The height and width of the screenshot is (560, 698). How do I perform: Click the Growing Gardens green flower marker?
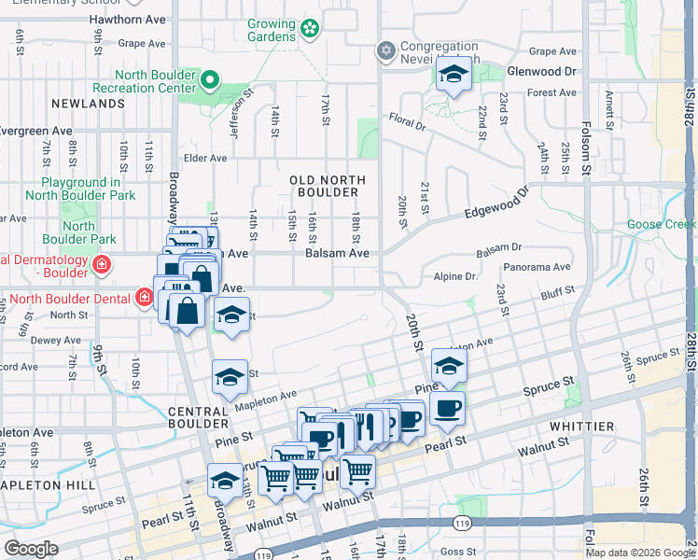[x=310, y=31]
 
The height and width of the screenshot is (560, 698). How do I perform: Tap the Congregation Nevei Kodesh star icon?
[x=385, y=49]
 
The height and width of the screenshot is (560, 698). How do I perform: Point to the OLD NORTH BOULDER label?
[x=327, y=186]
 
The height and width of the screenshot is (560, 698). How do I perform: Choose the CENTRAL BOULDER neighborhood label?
[x=199, y=419]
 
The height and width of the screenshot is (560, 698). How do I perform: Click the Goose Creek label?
[x=662, y=225]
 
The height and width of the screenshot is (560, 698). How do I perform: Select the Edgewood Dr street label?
[x=496, y=204]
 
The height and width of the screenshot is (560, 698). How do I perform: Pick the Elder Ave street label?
[x=205, y=159]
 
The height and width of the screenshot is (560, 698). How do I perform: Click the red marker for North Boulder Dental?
[x=144, y=299]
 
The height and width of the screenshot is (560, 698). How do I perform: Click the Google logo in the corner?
[x=32, y=549]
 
